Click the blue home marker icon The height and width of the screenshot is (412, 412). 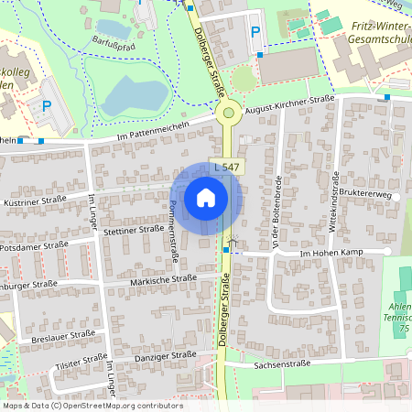point(206,198)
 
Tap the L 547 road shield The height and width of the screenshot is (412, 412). point(225,168)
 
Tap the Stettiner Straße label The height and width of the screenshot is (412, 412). point(134,231)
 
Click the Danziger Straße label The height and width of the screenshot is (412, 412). point(166,356)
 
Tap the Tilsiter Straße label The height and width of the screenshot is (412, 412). point(69,363)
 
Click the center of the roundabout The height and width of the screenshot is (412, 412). point(228,113)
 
